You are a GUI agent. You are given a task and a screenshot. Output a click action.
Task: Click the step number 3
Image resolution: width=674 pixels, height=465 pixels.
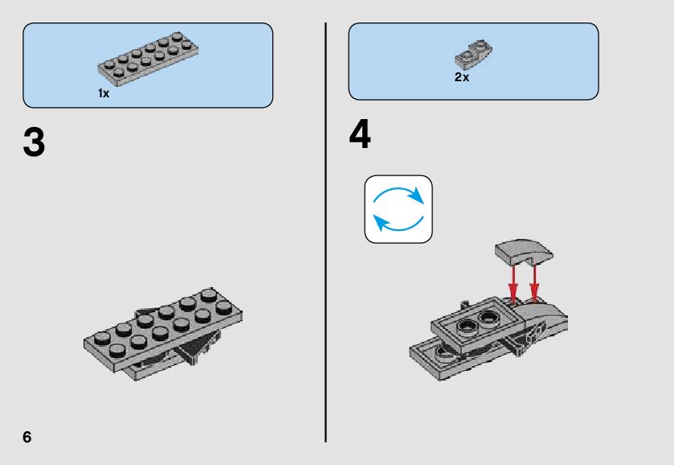tap(34, 142)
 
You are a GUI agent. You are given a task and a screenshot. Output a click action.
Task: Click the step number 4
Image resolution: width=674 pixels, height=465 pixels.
tap(360, 134)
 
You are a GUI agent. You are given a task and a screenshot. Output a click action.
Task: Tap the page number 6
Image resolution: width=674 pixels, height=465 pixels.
tap(27, 437)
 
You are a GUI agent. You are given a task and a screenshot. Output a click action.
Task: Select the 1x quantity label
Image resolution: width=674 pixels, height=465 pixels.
tap(104, 93)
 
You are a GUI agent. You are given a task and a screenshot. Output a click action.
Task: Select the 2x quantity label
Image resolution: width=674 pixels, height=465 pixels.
tap(462, 77)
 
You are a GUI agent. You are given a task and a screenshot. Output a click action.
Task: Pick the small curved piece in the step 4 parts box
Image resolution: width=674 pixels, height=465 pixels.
tap(474, 55)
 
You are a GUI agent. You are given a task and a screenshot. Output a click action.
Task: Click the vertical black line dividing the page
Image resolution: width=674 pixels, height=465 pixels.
tap(326, 232)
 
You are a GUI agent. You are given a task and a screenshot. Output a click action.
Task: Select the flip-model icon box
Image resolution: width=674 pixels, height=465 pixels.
tap(398, 209)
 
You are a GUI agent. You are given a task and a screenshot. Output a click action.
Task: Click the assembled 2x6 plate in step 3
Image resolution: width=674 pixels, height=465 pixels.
tap(162, 329)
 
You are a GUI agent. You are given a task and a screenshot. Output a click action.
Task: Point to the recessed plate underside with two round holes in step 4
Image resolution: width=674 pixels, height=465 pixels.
tap(478, 321)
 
